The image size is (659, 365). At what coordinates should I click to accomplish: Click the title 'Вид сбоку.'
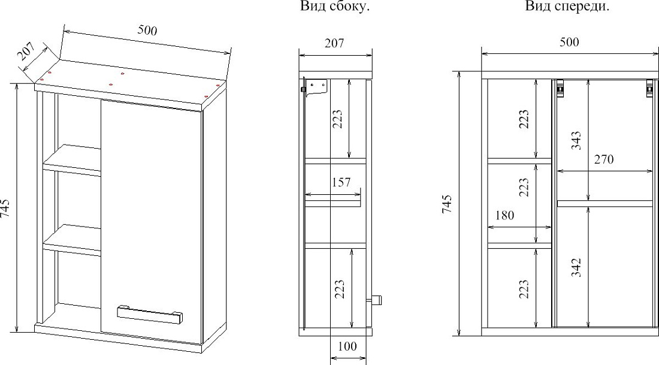point(334,7)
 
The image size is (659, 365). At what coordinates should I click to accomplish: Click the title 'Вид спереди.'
point(567,7)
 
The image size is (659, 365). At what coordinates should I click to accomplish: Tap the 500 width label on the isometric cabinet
point(147,31)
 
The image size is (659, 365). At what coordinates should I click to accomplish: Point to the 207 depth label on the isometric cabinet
point(26,52)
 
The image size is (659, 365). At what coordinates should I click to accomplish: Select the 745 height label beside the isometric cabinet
point(5,207)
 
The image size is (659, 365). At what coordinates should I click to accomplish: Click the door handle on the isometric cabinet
point(150,314)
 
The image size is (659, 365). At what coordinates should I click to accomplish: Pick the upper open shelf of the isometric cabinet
point(72,160)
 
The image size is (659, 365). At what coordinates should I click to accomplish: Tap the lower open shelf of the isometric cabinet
point(72,240)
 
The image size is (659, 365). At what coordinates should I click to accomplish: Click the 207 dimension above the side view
point(334,43)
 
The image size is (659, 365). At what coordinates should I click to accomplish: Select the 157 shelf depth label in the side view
point(341,182)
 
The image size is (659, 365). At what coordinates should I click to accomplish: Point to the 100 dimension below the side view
point(347,346)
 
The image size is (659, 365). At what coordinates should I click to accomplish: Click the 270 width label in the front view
point(604,159)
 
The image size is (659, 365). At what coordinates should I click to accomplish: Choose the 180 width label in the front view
point(504,215)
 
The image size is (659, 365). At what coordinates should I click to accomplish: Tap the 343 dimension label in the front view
point(576,140)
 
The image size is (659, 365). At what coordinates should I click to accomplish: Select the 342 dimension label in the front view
point(576,267)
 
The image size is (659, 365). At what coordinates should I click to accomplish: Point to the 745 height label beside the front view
point(447,204)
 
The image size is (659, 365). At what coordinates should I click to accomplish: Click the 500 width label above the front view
point(569,42)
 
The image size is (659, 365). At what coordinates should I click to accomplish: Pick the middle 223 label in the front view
point(524,187)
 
